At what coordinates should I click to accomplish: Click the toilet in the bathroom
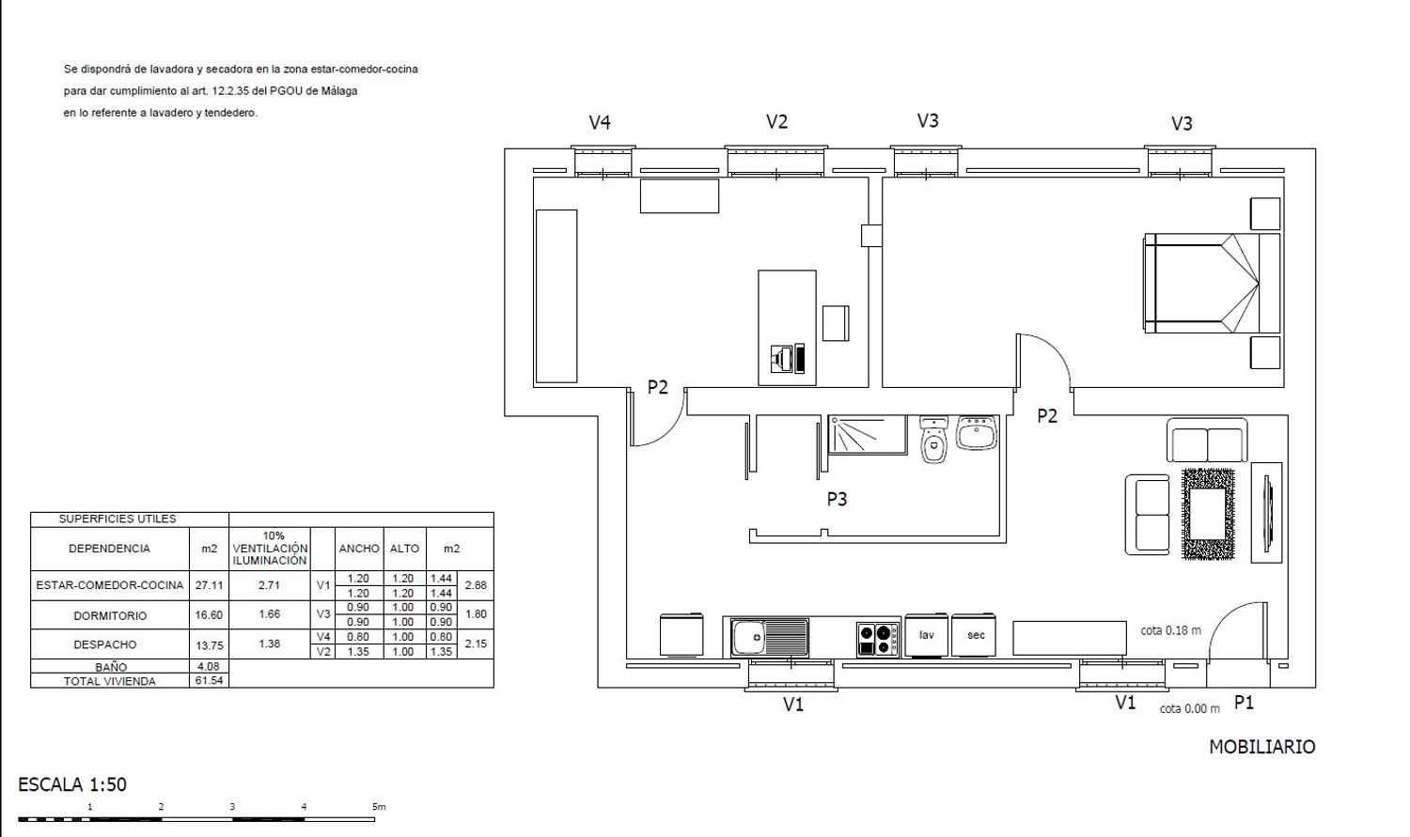pos(933,440)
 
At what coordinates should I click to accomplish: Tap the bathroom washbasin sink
pos(977,432)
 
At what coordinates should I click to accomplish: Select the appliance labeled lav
pos(927,635)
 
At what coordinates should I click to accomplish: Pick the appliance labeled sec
pos(974,635)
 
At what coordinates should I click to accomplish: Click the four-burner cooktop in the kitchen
pos(877,639)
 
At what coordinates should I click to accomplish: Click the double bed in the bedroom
pos(1213,283)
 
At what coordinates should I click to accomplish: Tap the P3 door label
pos(837,500)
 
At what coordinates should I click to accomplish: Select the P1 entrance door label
pos(1244,703)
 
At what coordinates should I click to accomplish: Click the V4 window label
pos(600,122)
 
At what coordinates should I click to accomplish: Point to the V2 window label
pos(776,121)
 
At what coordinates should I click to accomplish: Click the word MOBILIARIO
pos(1262,747)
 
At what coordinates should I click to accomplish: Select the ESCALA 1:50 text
pos(72,784)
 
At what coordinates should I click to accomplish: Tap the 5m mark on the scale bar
pos(379,807)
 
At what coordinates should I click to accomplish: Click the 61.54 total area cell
pos(209,680)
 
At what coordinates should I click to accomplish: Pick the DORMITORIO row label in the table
pos(110,615)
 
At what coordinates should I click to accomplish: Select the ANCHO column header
pos(359,549)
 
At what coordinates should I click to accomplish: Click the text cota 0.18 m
pos(1171,630)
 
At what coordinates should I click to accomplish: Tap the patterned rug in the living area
pos(1208,514)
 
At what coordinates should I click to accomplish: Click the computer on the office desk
pos(788,359)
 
